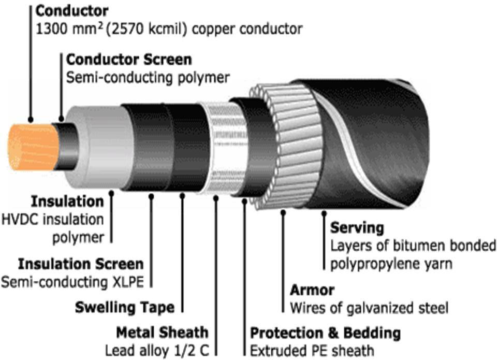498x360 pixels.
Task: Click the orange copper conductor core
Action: pyautogui.click(x=32, y=147)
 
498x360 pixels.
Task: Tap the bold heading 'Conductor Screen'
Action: pyautogui.click(x=129, y=59)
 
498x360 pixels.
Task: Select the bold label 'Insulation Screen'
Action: pyautogui.click(x=81, y=264)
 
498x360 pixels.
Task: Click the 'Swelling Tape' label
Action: pyautogui.click(x=124, y=307)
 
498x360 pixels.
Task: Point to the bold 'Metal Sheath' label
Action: pyautogui.click(x=162, y=332)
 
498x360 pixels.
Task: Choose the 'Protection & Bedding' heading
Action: pyautogui.click(x=326, y=332)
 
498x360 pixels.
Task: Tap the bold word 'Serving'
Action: pyautogui.click(x=357, y=227)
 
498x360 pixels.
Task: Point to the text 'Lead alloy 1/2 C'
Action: pyautogui.click(x=159, y=350)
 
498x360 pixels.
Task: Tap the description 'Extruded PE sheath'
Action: pyautogui.click(x=312, y=350)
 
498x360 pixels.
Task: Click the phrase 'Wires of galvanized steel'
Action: pyautogui.click(x=369, y=308)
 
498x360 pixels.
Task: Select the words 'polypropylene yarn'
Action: pyautogui.click(x=392, y=263)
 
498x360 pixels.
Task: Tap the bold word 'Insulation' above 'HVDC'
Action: pyautogui.click(x=67, y=201)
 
